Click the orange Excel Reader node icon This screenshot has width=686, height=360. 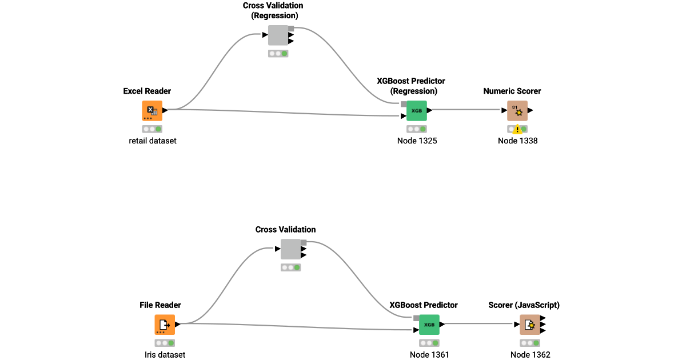(x=152, y=111)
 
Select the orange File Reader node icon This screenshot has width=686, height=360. (x=165, y=325)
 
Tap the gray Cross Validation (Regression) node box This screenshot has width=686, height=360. (x=278, y=35)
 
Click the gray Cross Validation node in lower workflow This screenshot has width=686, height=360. (x=291, y=249)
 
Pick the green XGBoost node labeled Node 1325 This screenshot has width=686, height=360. (x=417, y=111)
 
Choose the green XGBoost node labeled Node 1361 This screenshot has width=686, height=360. (x=429, y=325)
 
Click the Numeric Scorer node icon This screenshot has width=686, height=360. (x=517, y=111)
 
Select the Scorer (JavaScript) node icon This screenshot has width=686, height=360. (x=530, y=325)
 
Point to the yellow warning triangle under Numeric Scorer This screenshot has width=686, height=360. (x=517, y=130)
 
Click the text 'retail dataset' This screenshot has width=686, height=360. (x=153, y=141)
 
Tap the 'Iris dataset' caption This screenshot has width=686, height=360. (x=165, y=354)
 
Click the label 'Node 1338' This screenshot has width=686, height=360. (x=517, y=141)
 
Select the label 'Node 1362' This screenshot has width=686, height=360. (x=531, y=354)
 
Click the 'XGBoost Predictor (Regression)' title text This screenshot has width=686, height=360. (x=410, y=86)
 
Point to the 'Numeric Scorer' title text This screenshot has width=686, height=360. (x=512, y=91)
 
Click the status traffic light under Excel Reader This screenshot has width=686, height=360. (x=152, y=129)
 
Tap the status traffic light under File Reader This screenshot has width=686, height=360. (x=165, y=343)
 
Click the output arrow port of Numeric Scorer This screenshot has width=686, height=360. (x=531, y=110)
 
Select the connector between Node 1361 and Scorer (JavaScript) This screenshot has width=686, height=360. (x=480, y=324)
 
